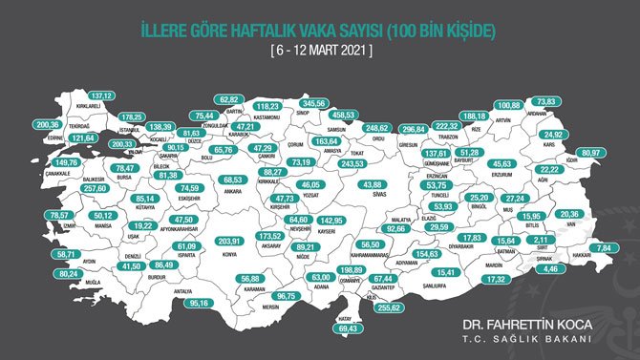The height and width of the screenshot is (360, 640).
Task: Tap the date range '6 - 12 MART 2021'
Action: [319, 48]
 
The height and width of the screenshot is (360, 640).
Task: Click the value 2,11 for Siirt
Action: [541, 242]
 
